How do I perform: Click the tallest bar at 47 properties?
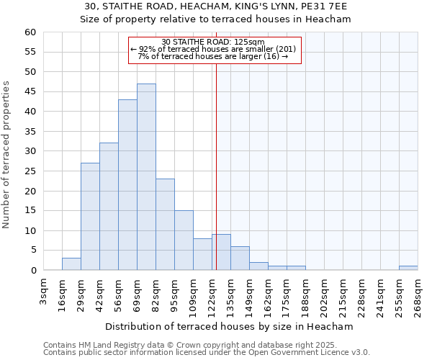point(146,177)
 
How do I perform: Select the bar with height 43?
point(127,185)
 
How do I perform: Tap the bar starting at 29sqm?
point(90,217)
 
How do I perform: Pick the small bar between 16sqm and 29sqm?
point(71,264)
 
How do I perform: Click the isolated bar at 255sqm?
point(408,268)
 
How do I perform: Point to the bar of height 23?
point(165,225)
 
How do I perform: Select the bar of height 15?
point(184,240)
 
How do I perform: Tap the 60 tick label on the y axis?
point(30,32)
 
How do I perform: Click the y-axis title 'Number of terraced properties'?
point(7,154)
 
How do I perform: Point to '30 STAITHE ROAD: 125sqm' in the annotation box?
point(213,42)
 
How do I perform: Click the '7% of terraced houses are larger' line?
point(213,56)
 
